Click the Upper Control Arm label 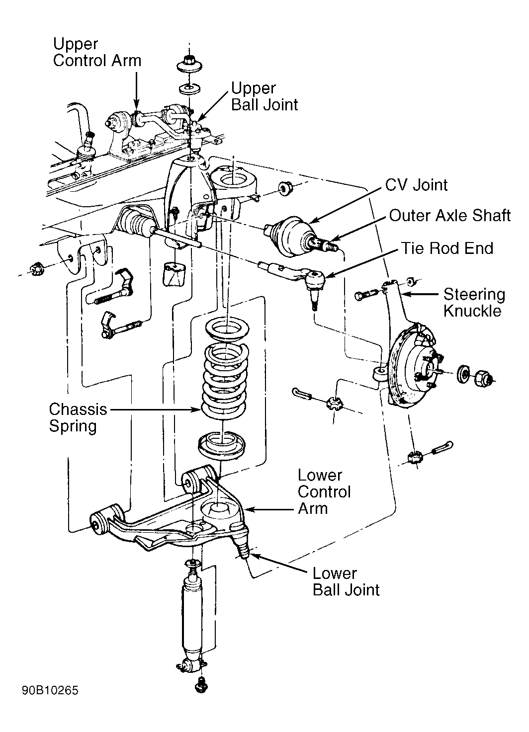[97, 52]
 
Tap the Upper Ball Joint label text [264, 96]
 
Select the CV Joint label [416, 185]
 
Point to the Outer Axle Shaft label [450, 216]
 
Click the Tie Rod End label [447, 248]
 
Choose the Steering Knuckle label [474, 302]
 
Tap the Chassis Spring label [78, 417]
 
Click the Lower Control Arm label [324, 492]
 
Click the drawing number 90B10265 [50, 690]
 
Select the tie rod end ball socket [315, 279]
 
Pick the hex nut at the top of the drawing [189, 64]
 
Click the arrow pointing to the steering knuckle [420, 294]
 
